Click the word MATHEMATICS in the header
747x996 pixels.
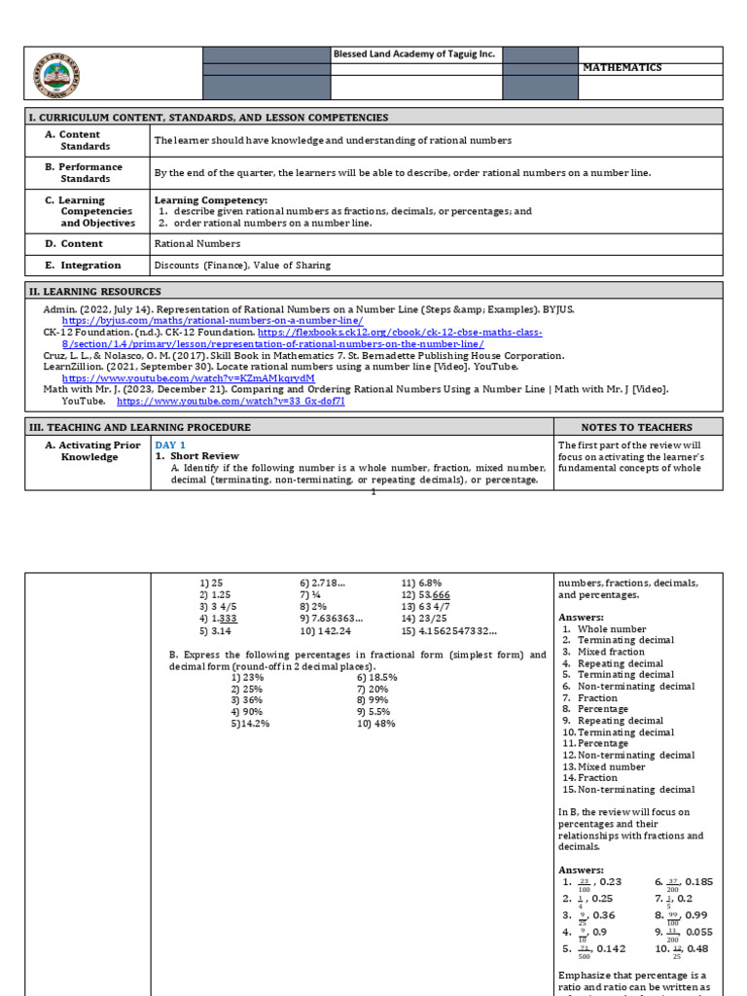click(x=622, y=68)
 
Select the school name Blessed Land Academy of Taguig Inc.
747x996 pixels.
click(x=414, y=54)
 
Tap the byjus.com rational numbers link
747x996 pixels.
click(x=213, y=320)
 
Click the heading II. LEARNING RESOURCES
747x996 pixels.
click(x=95, y=292)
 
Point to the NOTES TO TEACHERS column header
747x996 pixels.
click(x=637, y=427)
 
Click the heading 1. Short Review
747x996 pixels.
click(x=197, y=456)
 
